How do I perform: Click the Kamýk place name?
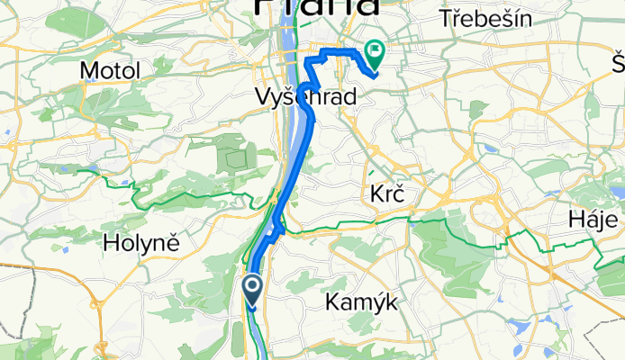pyautogui.click(x=361, y=305)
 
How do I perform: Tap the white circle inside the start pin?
pyautogui.click(x=253, y=287)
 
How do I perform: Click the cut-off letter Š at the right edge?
pyautogui.click(x=618, y=63)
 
